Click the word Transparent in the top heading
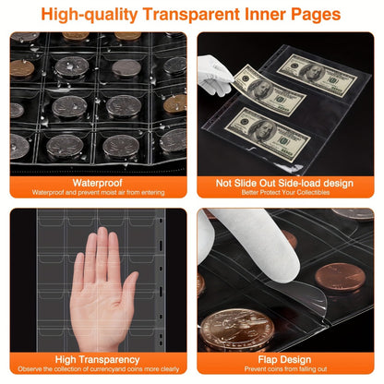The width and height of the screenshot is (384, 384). click(191, 14)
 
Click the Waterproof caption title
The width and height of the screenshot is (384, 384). click(98, 183)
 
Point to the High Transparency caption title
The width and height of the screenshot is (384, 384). click(97, 359)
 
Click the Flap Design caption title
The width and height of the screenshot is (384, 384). click(284, 359)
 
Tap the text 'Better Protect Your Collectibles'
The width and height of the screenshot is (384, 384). click(285, 193)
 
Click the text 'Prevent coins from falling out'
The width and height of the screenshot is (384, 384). click(285, 368)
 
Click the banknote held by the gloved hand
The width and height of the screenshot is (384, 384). click(270, 90)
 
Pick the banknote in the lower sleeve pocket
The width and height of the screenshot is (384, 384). click(267, 135)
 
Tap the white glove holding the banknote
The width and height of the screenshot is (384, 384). click(214, 75)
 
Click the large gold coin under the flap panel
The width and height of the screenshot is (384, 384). click(237, 330)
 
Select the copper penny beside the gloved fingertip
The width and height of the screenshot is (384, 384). click(340, 277)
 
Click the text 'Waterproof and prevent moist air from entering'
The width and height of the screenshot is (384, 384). click(98, 193)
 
